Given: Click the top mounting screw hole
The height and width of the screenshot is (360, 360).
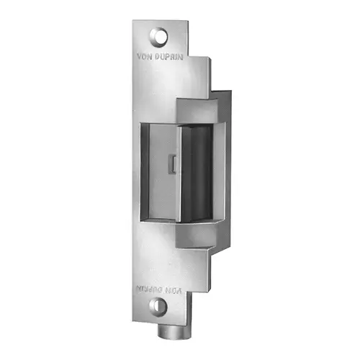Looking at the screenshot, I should [159, 34].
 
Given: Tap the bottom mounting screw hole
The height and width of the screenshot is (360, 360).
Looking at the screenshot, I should [161, 307].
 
